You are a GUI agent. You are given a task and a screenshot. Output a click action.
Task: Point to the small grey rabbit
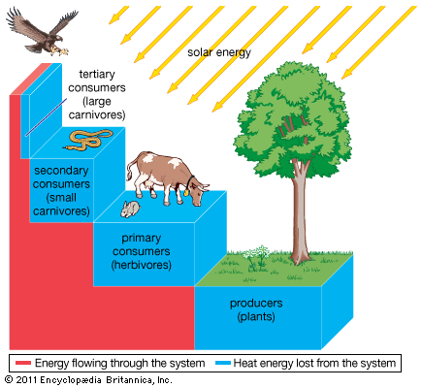[129, 208]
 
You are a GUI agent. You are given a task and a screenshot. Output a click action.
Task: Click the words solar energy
[218, 52]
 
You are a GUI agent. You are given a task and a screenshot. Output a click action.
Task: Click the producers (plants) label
[255, 310]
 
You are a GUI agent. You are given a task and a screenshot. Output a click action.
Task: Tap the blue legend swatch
[221, 364]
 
